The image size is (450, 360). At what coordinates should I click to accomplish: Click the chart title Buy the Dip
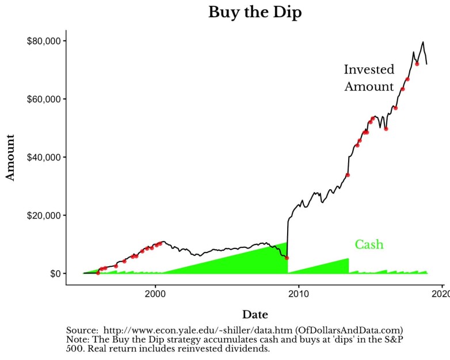coord(255,13)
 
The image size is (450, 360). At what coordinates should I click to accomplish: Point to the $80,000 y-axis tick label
coord(44,41)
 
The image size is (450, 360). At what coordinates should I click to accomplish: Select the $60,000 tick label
coord(44,99)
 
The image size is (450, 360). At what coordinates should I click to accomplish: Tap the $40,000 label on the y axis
coord(44,157)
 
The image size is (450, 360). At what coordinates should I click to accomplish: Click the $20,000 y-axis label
coord(44,216)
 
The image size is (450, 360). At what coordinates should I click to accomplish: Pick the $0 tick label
coord(56,273)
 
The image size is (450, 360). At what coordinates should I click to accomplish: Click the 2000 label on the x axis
coord(155,294)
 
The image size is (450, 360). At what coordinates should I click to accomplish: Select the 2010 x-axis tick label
coord(299,294)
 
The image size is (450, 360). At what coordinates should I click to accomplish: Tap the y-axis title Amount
coord(10,158)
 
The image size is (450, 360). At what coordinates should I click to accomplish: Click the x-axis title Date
coord(255,315)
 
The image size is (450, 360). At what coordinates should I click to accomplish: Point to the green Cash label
coord(369,244)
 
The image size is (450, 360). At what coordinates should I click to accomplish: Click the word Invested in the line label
coord(369,70)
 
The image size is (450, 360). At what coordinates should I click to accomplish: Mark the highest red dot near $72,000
coord(417,64)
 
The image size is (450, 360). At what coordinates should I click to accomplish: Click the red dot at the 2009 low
coord(287,258)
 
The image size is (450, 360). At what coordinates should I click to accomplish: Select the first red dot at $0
coord(98,273)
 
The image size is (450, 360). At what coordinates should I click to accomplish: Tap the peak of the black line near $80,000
coord(423,42)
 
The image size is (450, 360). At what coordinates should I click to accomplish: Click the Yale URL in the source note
coord(197,331)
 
